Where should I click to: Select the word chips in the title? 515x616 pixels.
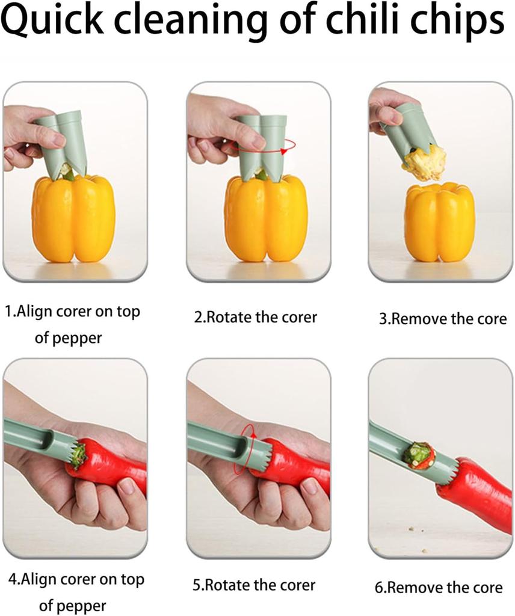tap(457, 23)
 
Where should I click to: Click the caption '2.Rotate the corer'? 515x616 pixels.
tap(255, 317)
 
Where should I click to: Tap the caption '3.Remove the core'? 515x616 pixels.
tap(442, 318)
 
